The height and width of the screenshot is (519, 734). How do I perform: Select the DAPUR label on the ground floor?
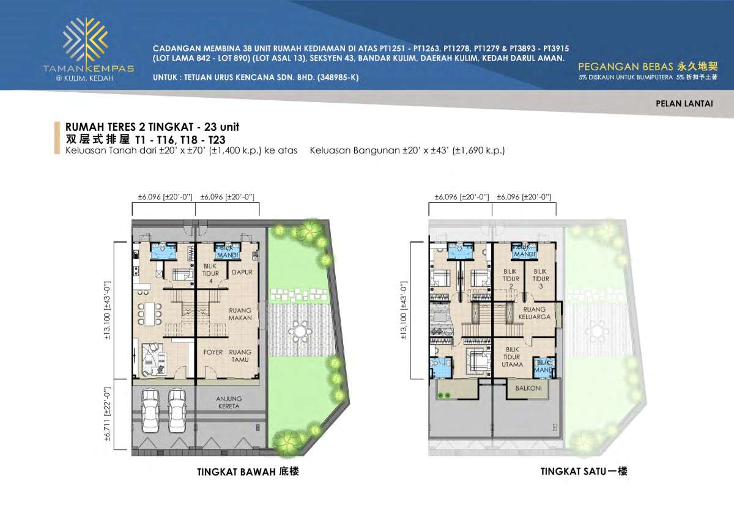pos(241,273)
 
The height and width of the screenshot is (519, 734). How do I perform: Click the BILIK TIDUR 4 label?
pos(210,273)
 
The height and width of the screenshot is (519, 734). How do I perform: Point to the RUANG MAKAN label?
pos(240,314)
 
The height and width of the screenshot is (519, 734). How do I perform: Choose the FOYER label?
pos(213,352)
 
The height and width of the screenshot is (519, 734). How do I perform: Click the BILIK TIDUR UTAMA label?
pos(512,357)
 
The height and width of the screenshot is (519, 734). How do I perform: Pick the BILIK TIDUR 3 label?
pos(539,278)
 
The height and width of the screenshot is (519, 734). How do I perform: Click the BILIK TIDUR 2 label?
pos(511,278)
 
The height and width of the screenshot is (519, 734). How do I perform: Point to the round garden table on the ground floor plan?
pos(300,330)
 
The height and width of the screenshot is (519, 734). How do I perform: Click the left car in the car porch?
pos(150,406)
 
